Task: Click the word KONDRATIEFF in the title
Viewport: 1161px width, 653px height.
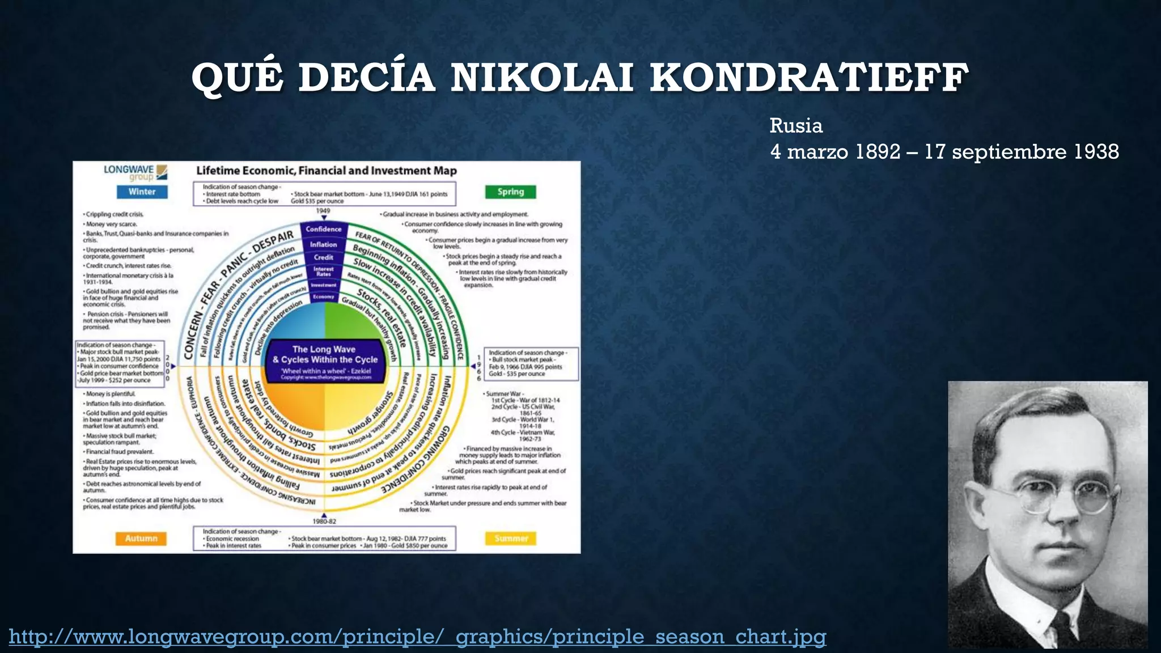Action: pos(809,78)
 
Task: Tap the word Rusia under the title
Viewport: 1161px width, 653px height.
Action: pos(796,126)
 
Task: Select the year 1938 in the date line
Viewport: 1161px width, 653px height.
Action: pos(1096,152)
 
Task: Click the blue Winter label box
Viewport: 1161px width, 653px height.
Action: pos(142,192)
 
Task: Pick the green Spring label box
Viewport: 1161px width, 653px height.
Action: pos(510,192)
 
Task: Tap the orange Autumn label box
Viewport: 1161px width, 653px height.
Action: pos(141,538)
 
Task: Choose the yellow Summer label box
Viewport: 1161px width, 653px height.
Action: pos(511,538)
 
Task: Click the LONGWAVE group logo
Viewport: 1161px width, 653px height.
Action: pos(135,172)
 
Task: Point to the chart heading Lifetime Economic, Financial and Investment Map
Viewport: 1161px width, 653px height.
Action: pos(326,171)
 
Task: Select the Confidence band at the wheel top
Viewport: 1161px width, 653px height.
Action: pos(324,229)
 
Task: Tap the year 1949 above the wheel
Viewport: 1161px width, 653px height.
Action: pos(323,211)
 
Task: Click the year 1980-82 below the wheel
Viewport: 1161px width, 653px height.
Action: pos(324,521)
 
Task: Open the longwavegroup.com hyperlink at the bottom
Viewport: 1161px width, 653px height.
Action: pos(417,637)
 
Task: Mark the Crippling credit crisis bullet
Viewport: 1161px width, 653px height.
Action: pos(114,214)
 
